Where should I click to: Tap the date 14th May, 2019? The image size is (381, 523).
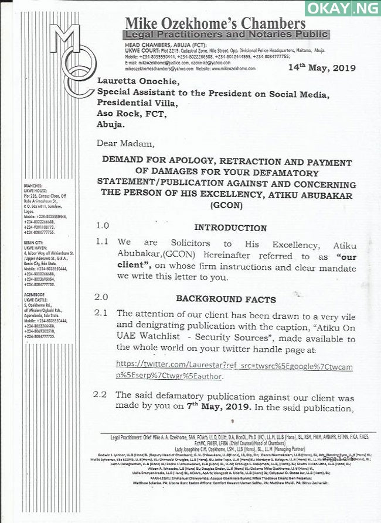pos(322,68)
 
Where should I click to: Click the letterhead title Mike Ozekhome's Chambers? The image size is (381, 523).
pos(215,24)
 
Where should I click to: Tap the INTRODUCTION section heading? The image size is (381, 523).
pos(230,228)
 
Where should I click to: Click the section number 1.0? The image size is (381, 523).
pos(103,226)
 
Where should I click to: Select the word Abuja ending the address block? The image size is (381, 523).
pos(111,125)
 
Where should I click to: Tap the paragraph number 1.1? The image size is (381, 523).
pos(102,242)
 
